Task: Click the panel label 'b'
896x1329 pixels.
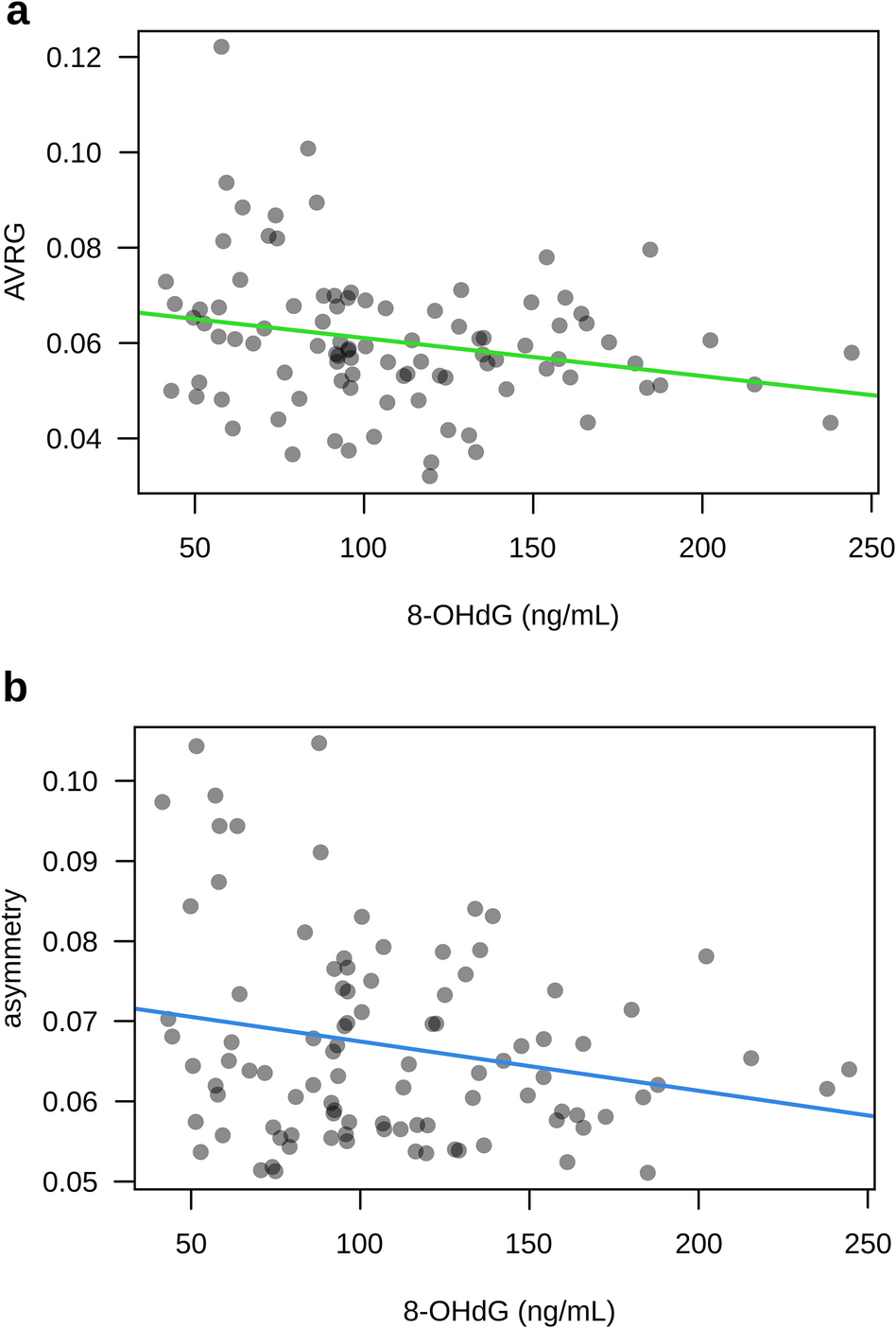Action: pos(16,689)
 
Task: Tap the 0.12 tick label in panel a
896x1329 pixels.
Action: pos(74,58)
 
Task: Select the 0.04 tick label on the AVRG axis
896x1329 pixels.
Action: pos(74,439)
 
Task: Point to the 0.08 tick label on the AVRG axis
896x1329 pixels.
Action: pos(74,248)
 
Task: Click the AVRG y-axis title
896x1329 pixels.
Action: pos(15,262)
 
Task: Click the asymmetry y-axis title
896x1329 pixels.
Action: pos(13,958)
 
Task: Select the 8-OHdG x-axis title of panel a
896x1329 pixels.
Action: pos(512,616)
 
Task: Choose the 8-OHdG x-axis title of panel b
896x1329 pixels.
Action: pos(508,1312)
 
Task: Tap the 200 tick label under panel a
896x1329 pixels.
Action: pos(702,548)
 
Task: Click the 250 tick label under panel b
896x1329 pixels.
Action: pos(867,1243)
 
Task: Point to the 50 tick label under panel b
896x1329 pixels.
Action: pos(191,1243)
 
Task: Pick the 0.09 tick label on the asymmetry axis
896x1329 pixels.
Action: pos(70,862)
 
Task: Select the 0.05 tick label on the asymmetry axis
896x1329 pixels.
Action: pos(70,1182)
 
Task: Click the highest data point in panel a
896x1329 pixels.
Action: pos(221,46)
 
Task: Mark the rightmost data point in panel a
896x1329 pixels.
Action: pos(851,353)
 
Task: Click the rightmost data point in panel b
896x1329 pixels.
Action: pos(849,1069)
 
